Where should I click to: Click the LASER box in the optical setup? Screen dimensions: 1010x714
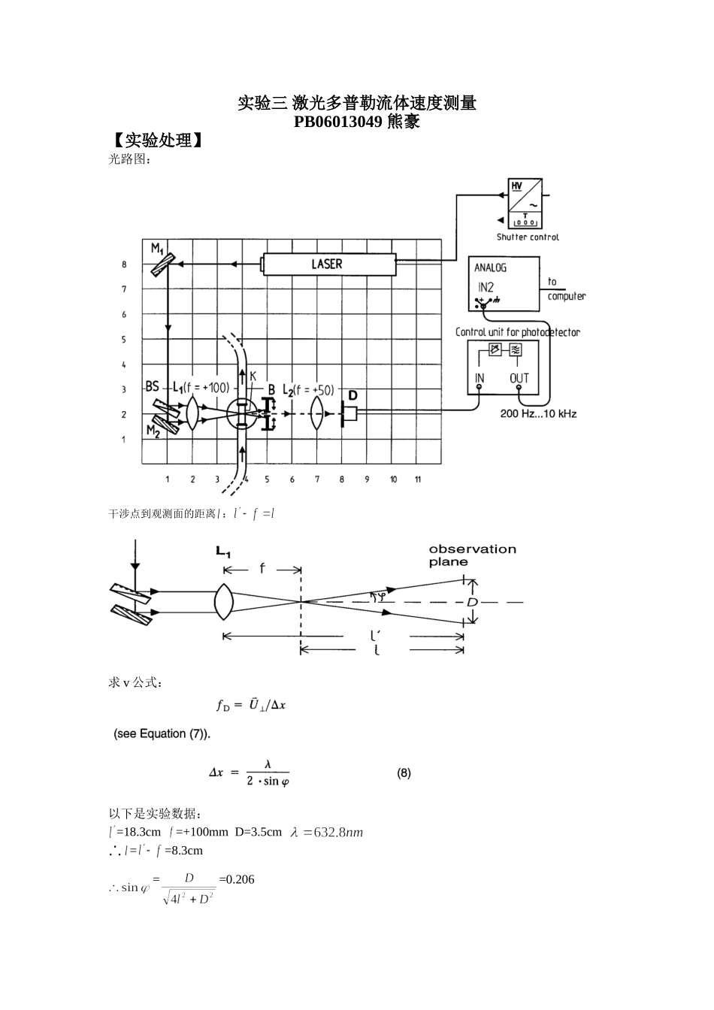click(328, 264)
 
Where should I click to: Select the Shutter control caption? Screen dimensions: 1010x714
click(528, 237)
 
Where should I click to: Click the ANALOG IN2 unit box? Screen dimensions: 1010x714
click(504, 284)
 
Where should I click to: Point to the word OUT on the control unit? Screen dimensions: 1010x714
click(519, 378)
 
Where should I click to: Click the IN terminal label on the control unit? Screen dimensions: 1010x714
click(480, 378)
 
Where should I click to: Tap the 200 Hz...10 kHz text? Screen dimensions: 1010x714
click(538, 414)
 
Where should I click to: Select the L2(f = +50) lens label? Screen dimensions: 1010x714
click(308, 390)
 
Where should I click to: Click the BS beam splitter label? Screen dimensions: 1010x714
click(153, 386)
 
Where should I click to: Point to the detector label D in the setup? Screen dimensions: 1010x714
click(352, 395)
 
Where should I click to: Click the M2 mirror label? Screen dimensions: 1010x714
click(153, 431)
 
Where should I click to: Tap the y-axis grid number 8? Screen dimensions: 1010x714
click(125, 265)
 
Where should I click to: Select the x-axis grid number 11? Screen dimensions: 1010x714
click(418, 479)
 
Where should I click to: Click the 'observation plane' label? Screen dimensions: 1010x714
click(472, 555)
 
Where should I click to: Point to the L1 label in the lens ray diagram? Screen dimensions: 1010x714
click(223, 552)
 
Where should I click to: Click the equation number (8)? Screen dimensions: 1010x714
click(404, 773)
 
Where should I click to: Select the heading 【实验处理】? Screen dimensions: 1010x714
click(157, 141)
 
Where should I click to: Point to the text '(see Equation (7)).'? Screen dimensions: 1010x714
click(162, 733)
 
